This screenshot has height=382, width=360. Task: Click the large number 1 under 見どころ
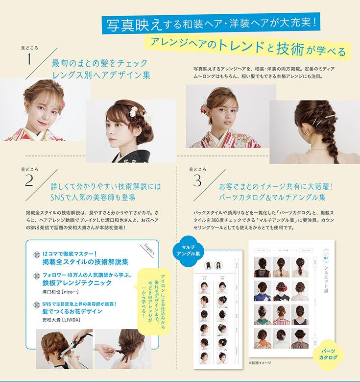29,59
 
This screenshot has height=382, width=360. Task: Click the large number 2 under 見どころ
29,181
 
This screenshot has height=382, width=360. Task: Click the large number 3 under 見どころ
197,181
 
